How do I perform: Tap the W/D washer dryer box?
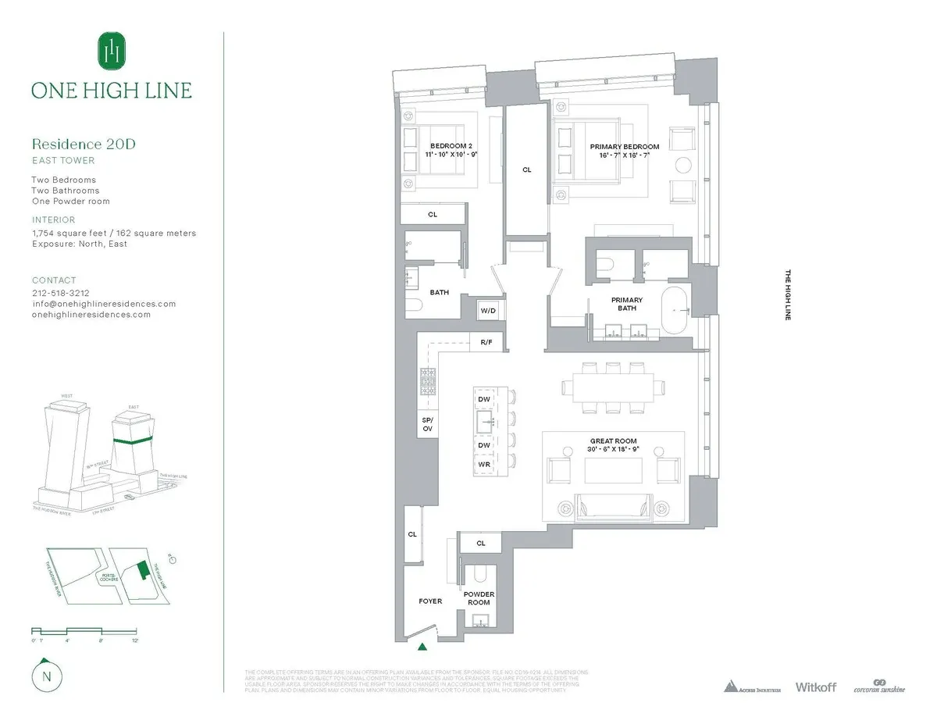488,310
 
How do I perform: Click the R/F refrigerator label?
486,342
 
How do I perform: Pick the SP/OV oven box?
427,424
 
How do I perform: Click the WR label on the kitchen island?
483,464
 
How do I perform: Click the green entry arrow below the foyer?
422,646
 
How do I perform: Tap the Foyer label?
430,601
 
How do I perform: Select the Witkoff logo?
815,687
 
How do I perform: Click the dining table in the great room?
613,387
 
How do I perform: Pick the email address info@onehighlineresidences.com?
104,304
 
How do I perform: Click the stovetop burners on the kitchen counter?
428,380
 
